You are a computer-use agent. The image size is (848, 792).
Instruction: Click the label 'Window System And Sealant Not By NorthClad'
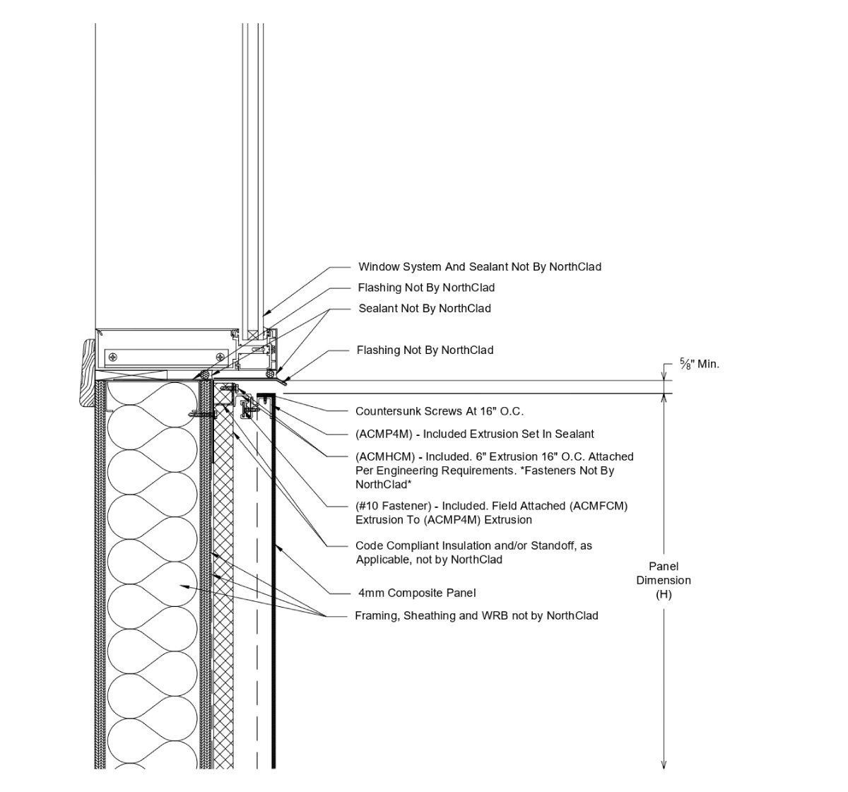[479, 267]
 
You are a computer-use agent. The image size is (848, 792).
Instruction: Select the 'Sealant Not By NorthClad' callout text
[424, 309]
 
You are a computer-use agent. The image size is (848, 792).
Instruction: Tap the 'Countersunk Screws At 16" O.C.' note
[439, 411]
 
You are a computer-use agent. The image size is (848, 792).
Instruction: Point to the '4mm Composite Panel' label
[417, 593]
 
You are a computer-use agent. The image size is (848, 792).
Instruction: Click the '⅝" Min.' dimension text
[700, 365]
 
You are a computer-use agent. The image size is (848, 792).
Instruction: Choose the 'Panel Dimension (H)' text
[664, 580]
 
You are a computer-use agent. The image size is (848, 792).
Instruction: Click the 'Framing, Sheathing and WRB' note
[476, 616]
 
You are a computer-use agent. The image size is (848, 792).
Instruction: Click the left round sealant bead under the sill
[204, 374]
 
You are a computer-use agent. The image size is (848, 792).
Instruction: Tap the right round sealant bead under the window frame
[269, 373]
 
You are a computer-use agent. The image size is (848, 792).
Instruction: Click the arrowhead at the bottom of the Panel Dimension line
[664, 764]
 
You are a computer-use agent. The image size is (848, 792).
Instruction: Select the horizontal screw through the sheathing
[201, 415]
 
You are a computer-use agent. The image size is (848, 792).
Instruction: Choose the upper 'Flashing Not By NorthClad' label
[426, 288]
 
